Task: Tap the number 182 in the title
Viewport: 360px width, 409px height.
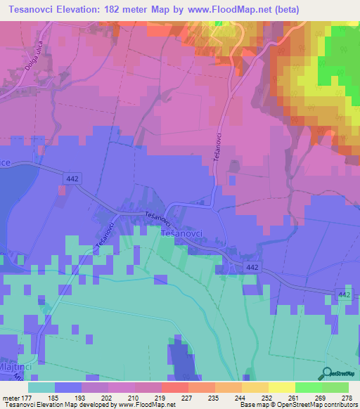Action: (x=125, y=10)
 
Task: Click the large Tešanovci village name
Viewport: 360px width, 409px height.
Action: (x=184, y=231)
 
